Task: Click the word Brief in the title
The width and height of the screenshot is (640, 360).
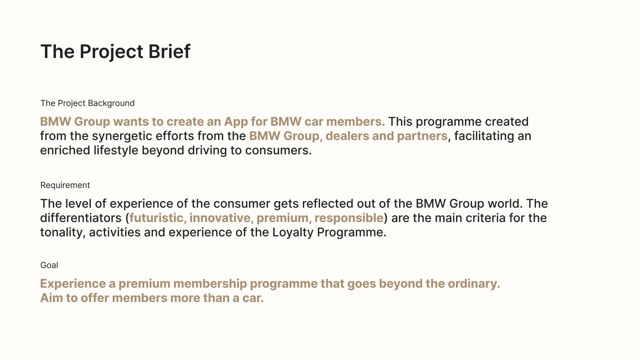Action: click(169, 52)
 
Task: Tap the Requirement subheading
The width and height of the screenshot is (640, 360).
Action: click(65, 185)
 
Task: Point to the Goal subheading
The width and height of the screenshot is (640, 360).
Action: click(49, 265)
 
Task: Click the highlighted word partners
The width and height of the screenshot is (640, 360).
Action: click(422, 136)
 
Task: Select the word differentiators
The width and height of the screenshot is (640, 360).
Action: click(81, 218)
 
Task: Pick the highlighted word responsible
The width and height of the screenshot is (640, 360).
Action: click(348, 218)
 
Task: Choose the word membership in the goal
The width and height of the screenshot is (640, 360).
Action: click(210, 284)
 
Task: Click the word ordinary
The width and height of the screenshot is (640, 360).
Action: click(474, 284)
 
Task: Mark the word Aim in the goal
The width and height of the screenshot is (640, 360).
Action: click(52, 298)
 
